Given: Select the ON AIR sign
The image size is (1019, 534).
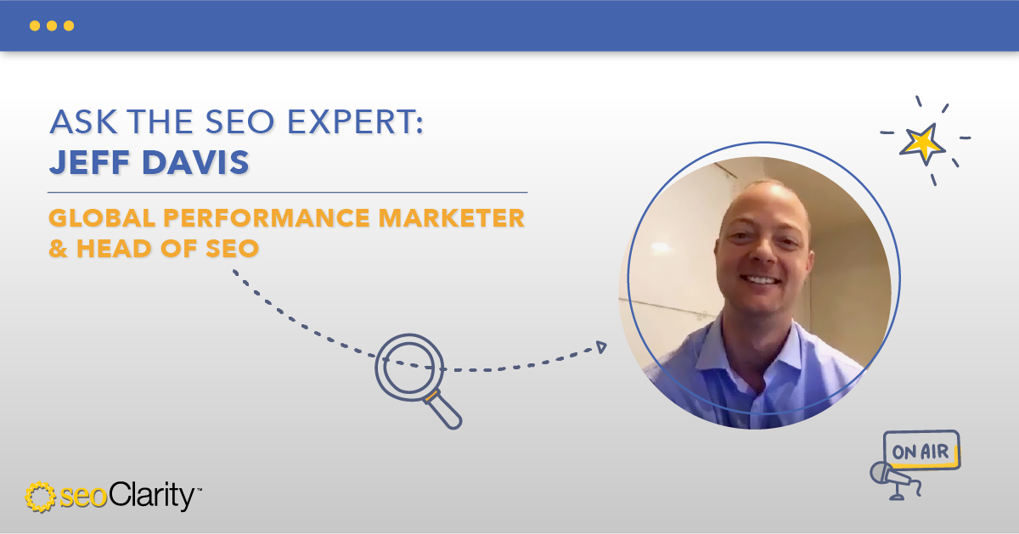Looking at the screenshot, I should (x=920, y=450).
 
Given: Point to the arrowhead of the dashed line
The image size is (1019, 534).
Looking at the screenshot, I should (x=601, y=346).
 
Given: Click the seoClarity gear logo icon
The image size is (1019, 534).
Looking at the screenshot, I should (x=41, y=497).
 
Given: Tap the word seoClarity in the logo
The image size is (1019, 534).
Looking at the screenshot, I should (x=127, y=497).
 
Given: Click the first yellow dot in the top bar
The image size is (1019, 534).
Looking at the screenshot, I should (x=35, y=25).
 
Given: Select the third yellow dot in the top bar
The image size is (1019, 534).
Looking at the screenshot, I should (x=69, y=25).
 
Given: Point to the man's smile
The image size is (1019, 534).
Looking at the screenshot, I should (x=761, y=279).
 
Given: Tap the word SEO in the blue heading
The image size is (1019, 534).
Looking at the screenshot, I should (x=246, y=121).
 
